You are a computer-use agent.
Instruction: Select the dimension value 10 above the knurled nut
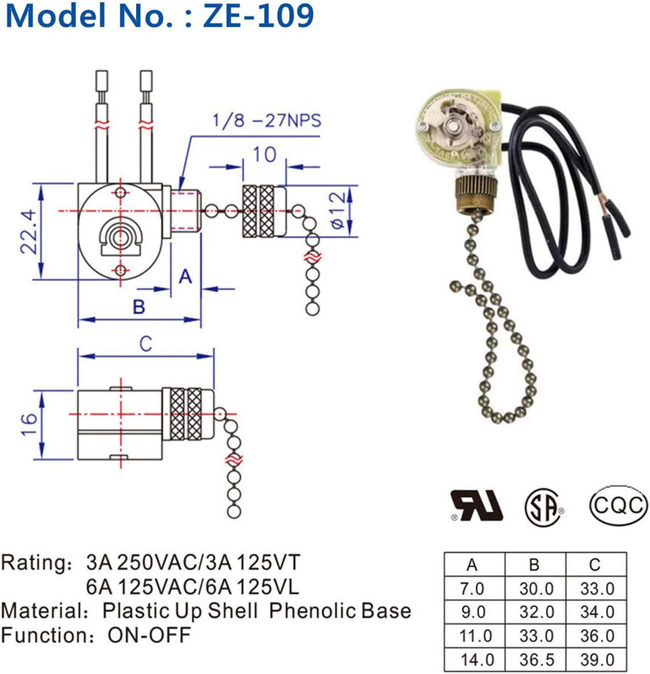[x=264, y=154]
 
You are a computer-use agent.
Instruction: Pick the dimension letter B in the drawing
[x=138, y=307]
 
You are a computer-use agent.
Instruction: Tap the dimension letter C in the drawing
[x=145, y=344]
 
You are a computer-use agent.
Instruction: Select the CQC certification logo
[x=618, y=504]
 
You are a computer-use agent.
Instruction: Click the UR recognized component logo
[x=477, y=505]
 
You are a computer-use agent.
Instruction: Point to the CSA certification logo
[x=544, y=505]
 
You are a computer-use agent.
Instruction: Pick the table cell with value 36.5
[x=536, y=660]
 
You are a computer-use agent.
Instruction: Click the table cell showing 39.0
[x=597, y=660]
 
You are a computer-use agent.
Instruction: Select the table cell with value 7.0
[x=474, y=588]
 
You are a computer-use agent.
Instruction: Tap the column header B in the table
[x=536, y=564]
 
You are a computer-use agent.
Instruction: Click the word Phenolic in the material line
[x=312, y=611]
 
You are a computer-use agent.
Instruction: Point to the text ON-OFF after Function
[x=149, y=634]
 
